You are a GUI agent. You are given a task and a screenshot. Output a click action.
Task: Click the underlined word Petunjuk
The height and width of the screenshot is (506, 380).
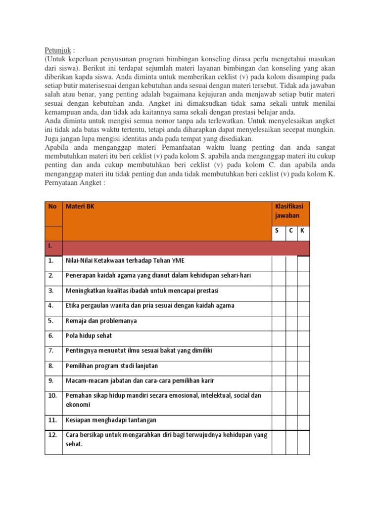[x=58, y=50]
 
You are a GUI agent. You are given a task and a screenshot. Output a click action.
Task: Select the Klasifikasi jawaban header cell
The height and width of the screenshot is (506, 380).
[x=289, y=211]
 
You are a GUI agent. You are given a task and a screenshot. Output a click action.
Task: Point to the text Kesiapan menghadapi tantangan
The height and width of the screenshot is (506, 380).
[x=111, y=420]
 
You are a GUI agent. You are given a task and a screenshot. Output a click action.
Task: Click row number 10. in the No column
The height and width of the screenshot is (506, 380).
[x=53, y=396]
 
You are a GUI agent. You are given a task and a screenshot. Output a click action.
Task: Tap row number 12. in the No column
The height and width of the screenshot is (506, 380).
[x=53, y=435]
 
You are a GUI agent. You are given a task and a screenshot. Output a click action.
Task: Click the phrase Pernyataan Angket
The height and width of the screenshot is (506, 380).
[x=72, y=183]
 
